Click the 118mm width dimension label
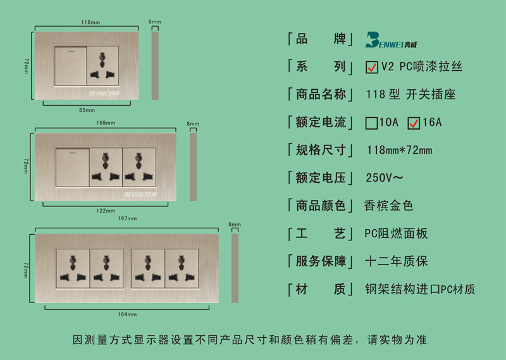[91, 22]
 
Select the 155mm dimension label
[106, 122]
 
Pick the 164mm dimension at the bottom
[128, 314]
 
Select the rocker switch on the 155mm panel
[72, 167]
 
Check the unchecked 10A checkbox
[371, 123]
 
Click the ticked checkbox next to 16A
[414, 123]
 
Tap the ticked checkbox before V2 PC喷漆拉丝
[372, 66]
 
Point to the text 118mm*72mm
[399, 151]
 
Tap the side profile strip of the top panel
[155, 66]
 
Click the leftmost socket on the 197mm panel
[73, 268]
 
